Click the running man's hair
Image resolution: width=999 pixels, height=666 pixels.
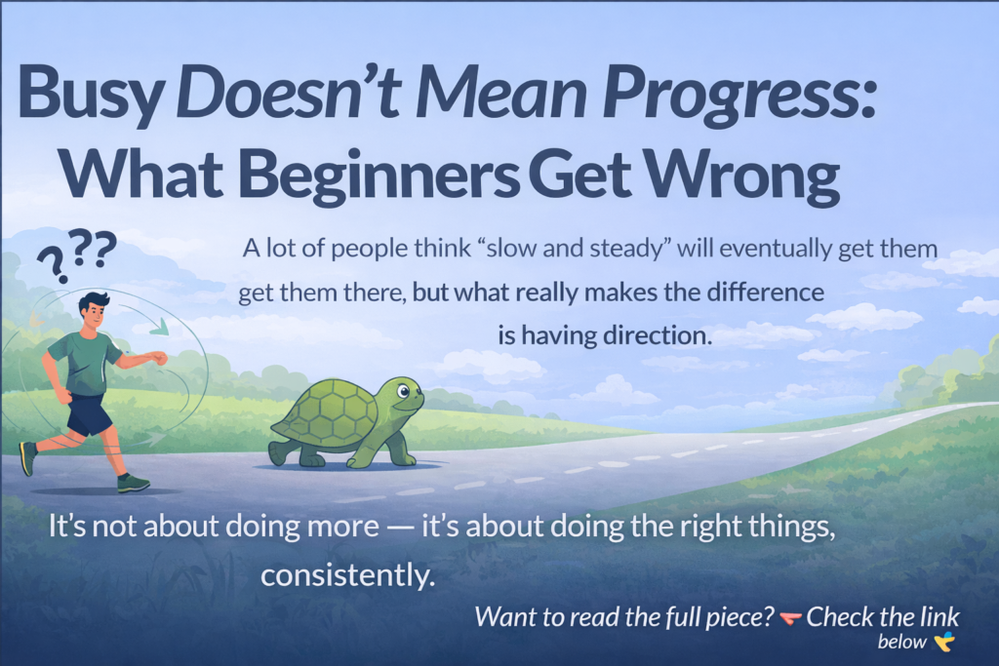coord(95,301)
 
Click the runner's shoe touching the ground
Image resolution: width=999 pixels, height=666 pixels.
coord(133,483)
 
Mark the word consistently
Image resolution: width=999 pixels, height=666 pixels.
coord(346,575)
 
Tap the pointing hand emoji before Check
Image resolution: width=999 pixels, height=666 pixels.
coord(790,617)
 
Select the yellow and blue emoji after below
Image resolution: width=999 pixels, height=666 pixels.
coord(943,641)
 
